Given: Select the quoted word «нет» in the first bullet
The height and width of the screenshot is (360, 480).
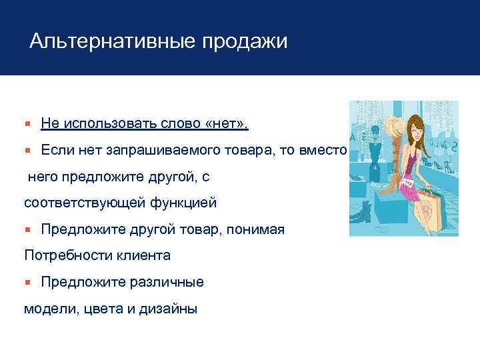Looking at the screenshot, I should [228, 123].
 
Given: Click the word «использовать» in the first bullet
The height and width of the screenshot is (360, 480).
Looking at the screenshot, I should [106, 123].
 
